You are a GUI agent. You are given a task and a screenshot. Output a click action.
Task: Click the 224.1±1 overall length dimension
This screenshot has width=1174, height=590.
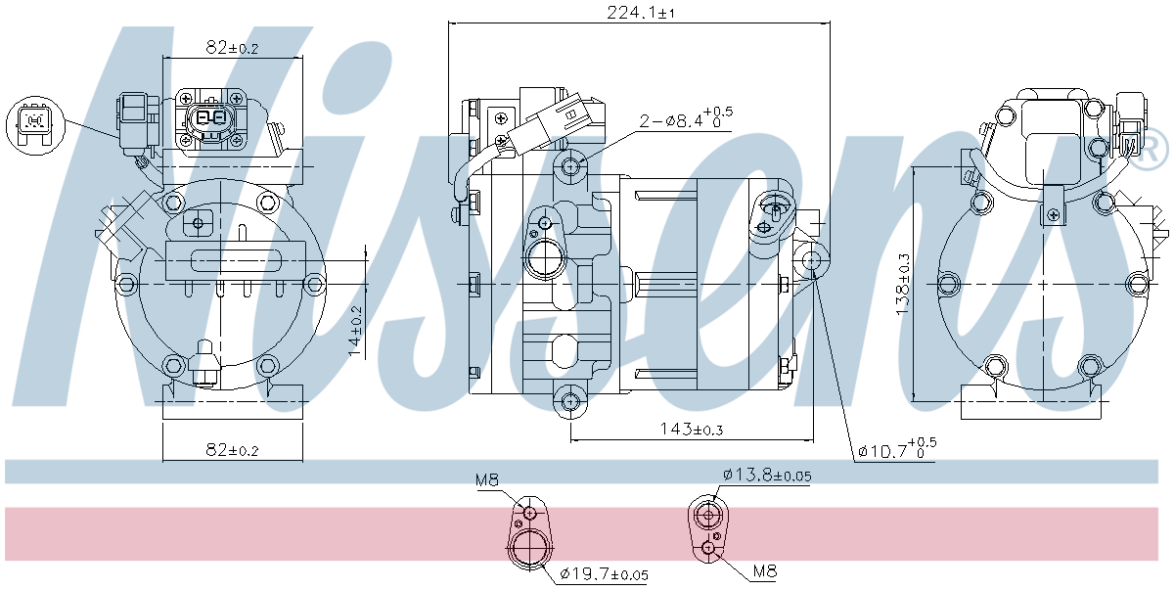pos(641,12)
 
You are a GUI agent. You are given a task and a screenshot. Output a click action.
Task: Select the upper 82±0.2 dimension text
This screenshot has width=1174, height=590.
pos(232,48)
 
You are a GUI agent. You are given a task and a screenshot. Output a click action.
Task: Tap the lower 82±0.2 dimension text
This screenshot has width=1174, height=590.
pos(232,449)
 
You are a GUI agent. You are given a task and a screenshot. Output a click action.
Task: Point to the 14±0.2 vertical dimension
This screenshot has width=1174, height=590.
pos(355,331)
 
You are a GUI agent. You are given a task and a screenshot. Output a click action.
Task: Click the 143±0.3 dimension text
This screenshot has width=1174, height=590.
pos(692,430)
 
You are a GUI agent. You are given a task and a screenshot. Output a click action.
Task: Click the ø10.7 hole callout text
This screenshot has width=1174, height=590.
pos(897,448)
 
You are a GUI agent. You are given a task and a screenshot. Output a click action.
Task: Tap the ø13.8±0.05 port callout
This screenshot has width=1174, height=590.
pos(767,476)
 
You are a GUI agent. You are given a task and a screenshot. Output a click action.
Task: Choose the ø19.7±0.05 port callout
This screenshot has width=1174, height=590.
pos(604,574)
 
